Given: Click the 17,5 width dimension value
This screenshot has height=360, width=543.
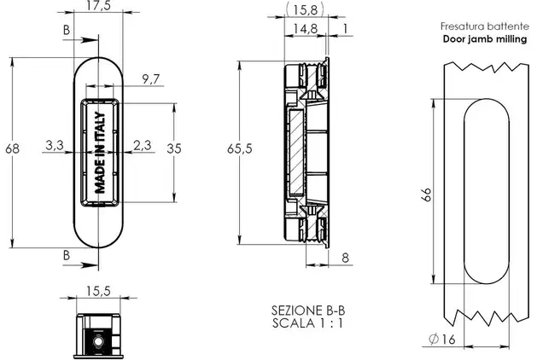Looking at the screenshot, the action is click(x=98, y=5).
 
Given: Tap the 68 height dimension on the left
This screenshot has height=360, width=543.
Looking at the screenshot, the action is click(x=13, y=148).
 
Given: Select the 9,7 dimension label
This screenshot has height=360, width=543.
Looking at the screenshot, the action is click(x=151, y=79).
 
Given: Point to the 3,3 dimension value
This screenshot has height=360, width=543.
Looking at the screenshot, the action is click(x=55, y=145).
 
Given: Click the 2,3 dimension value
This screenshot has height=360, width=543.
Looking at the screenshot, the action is click(x=143, y=145).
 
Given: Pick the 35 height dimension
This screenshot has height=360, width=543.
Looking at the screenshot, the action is click(x=174, y=148).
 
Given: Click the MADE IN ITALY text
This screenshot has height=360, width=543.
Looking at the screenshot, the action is click(x=100, y=153).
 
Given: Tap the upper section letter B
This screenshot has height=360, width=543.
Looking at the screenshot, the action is click(x=67, y=30).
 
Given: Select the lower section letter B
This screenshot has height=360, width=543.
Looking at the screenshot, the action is click(x=67, y=255).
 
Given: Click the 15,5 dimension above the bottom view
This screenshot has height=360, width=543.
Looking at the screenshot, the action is click(x=98, y=291).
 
